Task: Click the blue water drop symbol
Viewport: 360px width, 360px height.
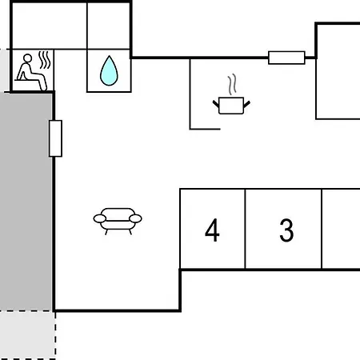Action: coord(109,71)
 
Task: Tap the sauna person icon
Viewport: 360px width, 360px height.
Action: coord(31,72)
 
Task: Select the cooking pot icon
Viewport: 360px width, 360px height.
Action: coord(231,106)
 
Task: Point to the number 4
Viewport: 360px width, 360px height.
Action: coord(212,230)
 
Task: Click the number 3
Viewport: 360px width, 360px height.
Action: coord(286,230)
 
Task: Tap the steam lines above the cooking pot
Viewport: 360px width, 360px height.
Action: coord(232,84)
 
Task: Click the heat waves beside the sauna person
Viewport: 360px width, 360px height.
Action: coord(45,60)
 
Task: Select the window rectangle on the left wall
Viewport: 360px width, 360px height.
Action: coord(55,138)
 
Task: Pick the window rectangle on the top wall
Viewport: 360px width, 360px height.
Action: coord(286,58)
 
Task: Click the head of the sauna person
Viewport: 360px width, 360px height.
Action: coord(27,58)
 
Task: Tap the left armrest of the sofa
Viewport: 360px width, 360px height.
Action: coord(100,218)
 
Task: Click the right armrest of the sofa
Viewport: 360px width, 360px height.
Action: coord(135,218)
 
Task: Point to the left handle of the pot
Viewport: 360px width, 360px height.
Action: coord(216,104)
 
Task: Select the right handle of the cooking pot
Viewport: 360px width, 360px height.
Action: coord(246,104)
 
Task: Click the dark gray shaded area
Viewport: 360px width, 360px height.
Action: coord(26,202)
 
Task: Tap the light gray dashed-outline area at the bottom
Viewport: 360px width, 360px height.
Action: coord(27,335)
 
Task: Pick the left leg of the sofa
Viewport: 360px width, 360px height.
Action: coord(106,232)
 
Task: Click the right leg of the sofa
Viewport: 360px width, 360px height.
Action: coord(130,232)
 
